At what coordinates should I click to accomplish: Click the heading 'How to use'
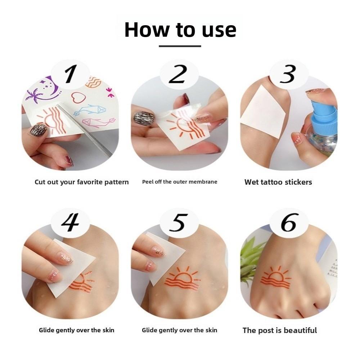180,30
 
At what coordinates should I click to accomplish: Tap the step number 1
71,75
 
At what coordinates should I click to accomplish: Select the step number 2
179,75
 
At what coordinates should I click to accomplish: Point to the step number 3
288,75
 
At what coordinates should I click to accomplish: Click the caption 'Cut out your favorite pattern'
81,182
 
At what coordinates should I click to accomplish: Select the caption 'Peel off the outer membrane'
180,182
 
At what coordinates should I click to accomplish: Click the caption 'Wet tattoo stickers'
278,182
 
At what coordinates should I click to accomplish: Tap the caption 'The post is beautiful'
280,330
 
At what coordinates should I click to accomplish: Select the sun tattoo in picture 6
275,278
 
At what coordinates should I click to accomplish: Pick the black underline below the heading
180,46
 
